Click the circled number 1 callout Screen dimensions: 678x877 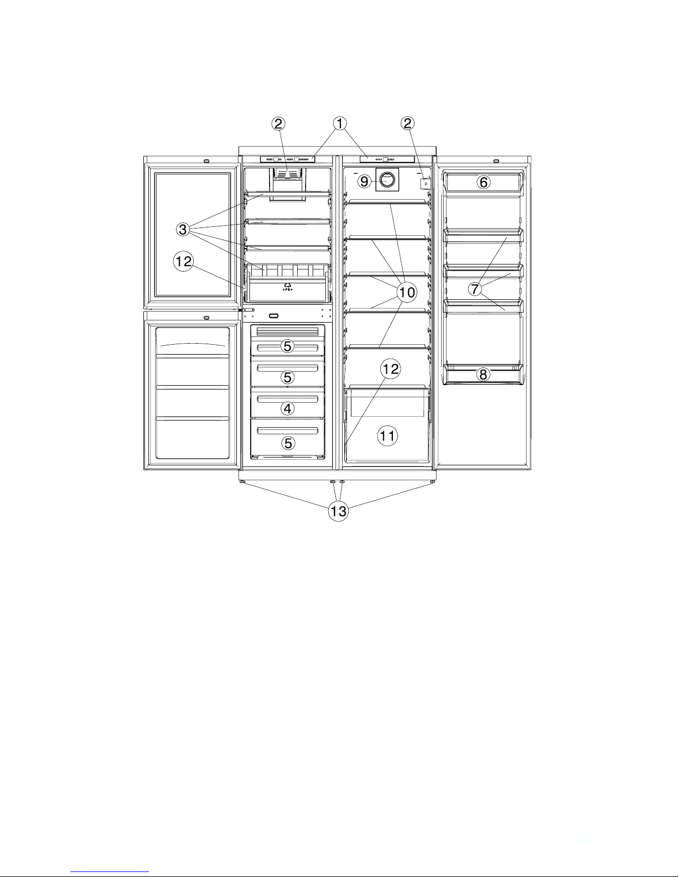340,124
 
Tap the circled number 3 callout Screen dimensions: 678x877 183,230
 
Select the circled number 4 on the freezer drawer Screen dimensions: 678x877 287,408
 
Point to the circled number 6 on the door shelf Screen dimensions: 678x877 484,183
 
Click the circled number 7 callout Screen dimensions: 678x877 475,289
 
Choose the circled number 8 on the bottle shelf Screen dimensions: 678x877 483,375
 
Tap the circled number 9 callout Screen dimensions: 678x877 364,181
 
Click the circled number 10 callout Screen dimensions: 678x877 407,292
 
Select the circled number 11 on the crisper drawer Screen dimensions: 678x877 387,436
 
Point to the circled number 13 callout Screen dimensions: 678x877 339,511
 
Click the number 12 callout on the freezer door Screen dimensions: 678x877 184,261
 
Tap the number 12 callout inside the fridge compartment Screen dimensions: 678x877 390,369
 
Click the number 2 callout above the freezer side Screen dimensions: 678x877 278,124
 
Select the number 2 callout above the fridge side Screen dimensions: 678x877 407,123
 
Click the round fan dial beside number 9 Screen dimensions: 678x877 387,180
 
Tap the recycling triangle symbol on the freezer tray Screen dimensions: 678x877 287,286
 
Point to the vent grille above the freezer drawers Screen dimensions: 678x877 287,332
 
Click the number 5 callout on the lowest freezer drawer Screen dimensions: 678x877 288,443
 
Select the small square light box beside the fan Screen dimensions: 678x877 426,184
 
